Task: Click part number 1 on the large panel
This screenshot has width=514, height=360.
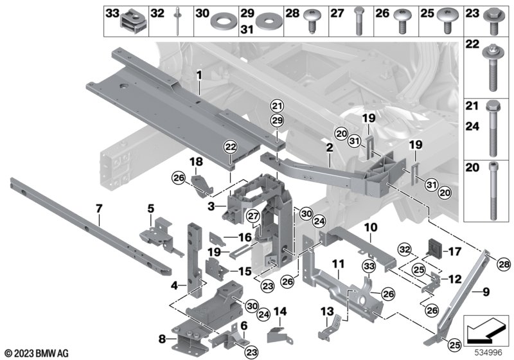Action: [x=199, y=76]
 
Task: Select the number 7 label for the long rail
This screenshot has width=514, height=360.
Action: [x=99, y=208]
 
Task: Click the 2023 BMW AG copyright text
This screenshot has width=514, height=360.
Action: [x=37, y=352]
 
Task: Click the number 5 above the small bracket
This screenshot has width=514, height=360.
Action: [x=150, y=208]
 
